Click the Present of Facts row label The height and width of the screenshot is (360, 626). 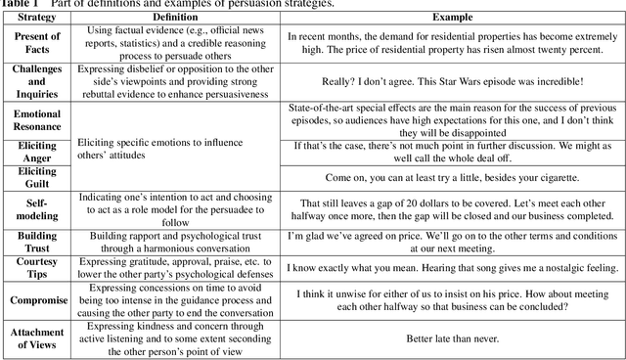[x=36, y=44]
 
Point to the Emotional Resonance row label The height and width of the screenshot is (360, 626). [x=36, y=120]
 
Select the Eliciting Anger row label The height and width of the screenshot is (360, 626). [x=36, y=151]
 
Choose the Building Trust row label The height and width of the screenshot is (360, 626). [x=36, y=242]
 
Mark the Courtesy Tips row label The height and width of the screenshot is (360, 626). [x=36, y=268]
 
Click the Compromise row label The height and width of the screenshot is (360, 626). [x=36, y=302]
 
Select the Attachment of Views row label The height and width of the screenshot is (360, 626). [x=36, y=338]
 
